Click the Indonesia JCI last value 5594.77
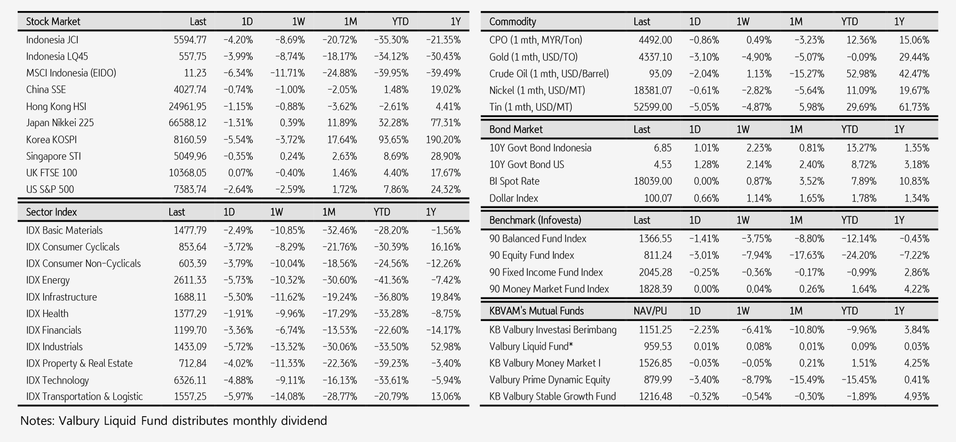point(190,40)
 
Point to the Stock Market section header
point(53,22)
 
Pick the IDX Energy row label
point(48,280)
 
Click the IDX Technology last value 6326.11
point(190,380)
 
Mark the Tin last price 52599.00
point(652,107)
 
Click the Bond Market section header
point(516,129)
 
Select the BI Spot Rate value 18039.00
point(652,181)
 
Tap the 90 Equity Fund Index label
point(531,255)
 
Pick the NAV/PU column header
point(650,311)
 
